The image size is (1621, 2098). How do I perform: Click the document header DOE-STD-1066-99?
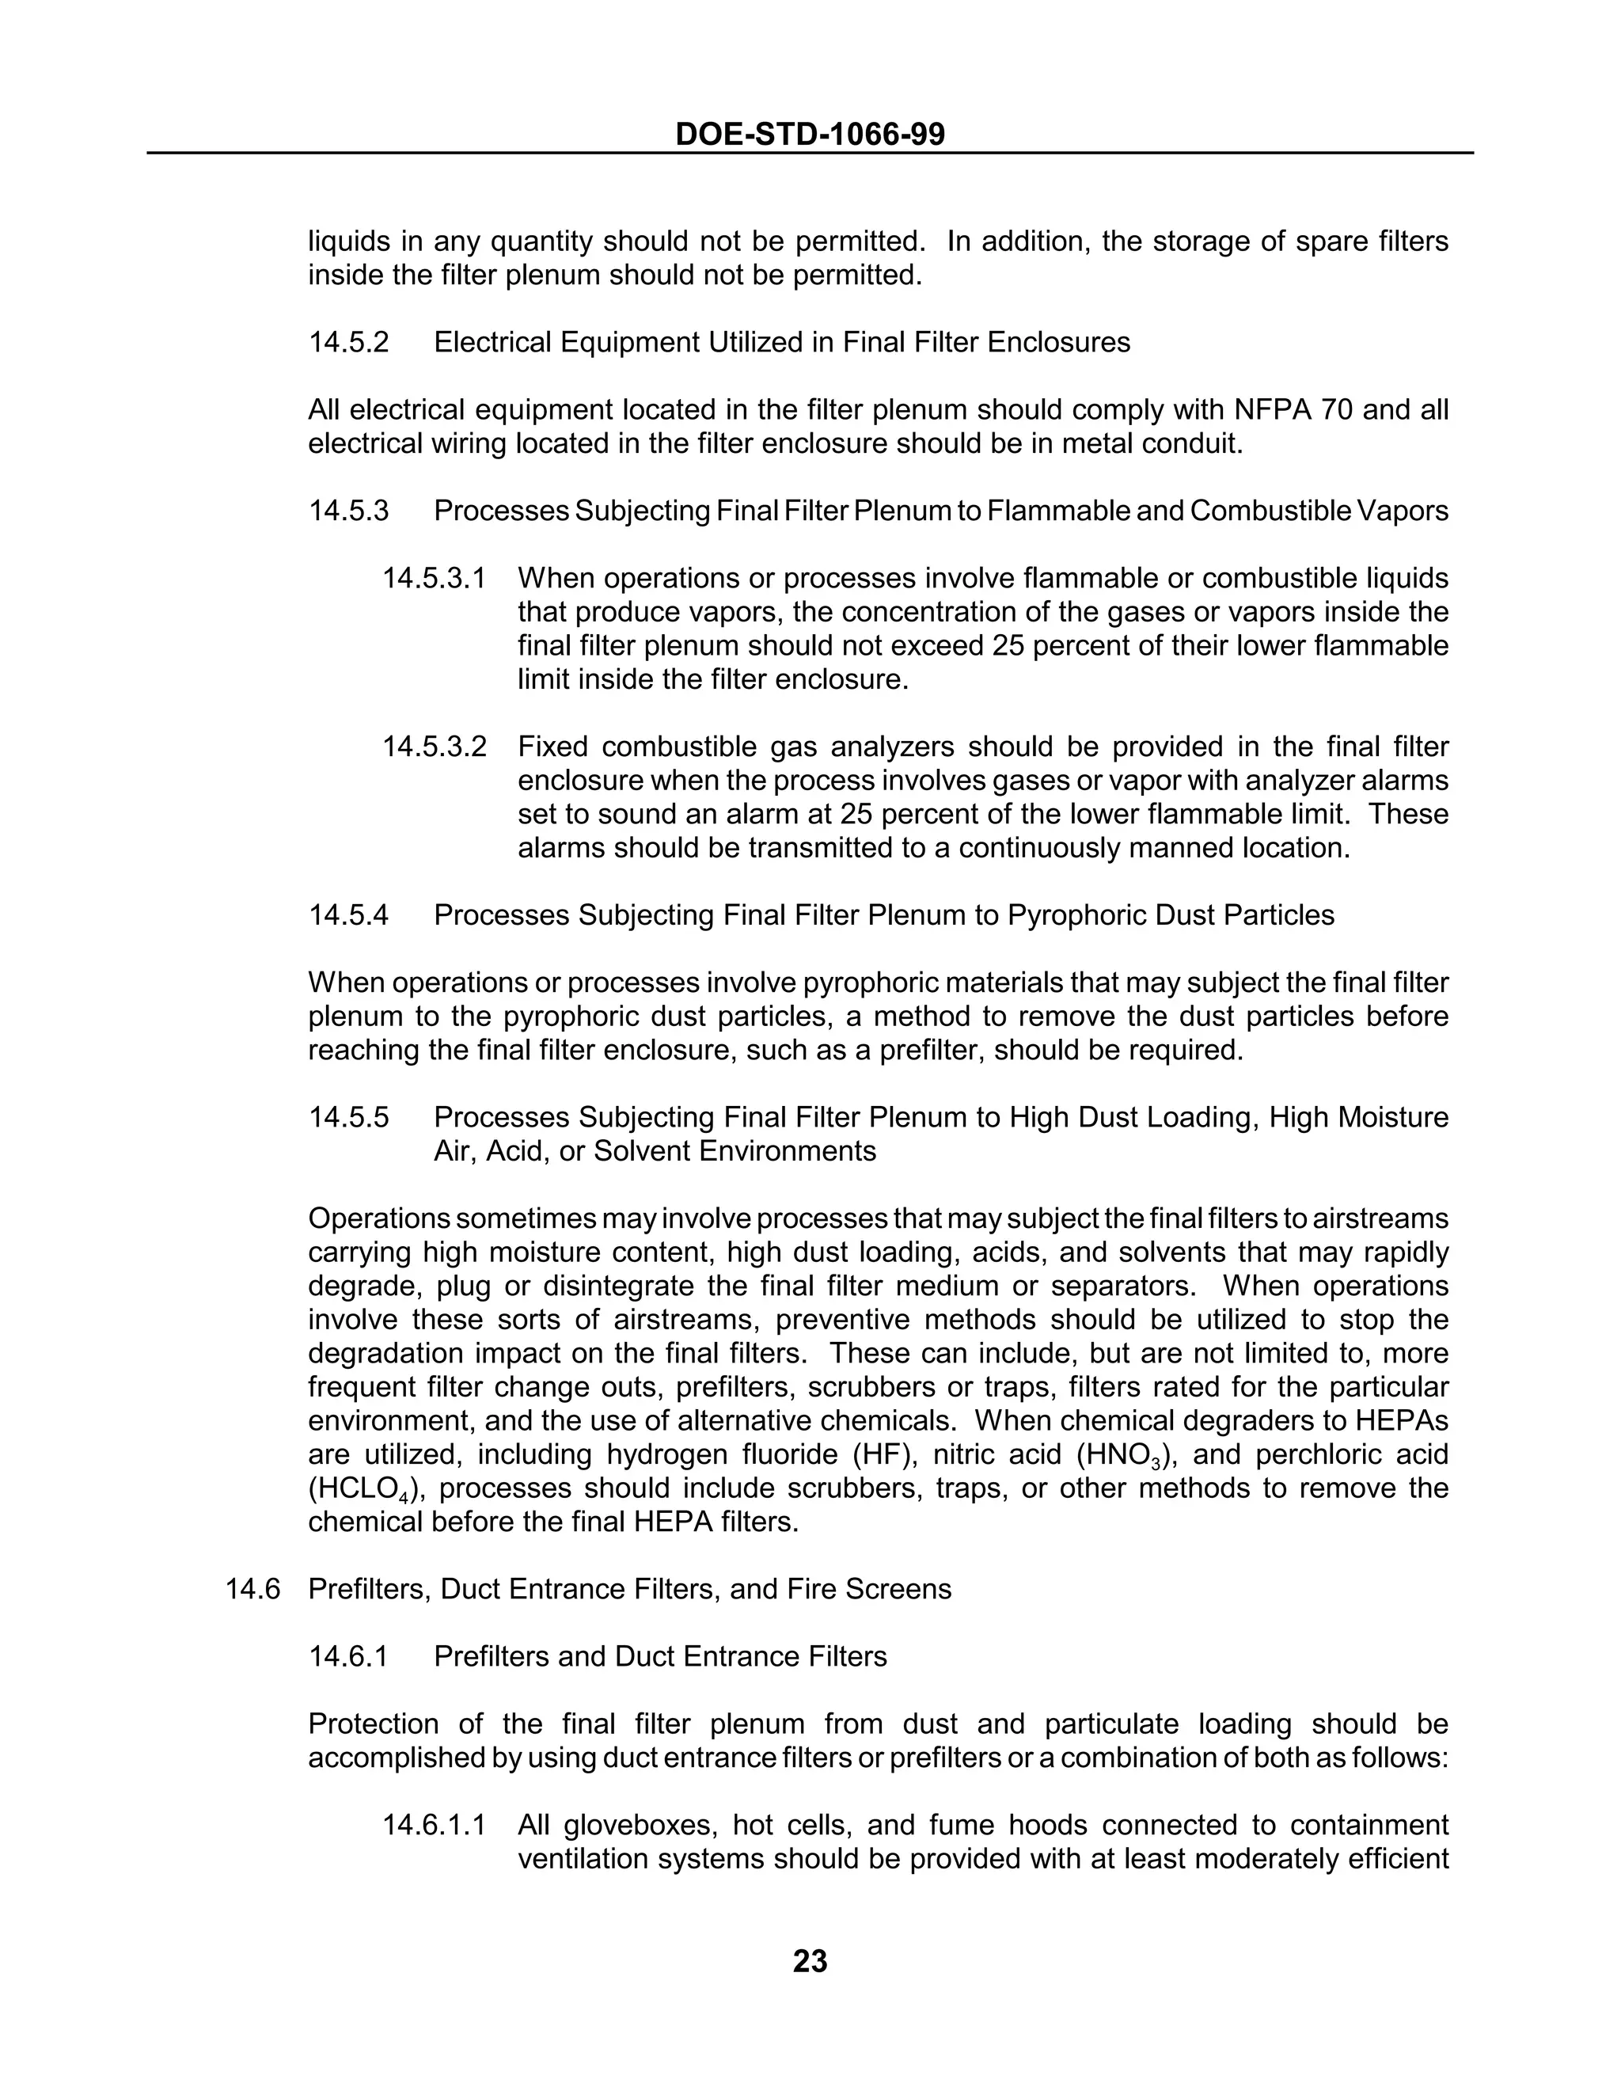pos(810,134)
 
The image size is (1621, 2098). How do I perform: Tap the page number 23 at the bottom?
pos(810,1960)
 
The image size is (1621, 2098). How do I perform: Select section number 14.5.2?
pos(348,342)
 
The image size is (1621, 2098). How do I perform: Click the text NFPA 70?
pos(1287,410)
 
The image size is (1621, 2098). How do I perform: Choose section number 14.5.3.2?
pos(434,747)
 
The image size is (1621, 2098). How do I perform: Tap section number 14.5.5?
pos(348,1117)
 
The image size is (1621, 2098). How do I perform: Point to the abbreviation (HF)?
pos(877,1454)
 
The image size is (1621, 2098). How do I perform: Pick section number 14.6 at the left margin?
pos(252,1589)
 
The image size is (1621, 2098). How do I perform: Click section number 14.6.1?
pos(348,1656)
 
